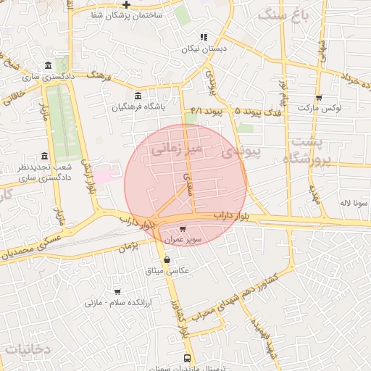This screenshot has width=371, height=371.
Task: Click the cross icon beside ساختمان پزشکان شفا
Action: pos(127,5)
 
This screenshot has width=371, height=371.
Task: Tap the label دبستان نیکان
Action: pos(204,48)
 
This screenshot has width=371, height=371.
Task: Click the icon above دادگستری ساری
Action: pos(48,65)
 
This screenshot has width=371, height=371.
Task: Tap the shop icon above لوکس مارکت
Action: pos(319,98)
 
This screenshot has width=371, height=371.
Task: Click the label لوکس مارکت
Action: pos(338,108)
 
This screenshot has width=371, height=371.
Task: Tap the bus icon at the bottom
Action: pos(188,358)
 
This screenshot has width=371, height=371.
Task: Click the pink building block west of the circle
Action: pos(103,175)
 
